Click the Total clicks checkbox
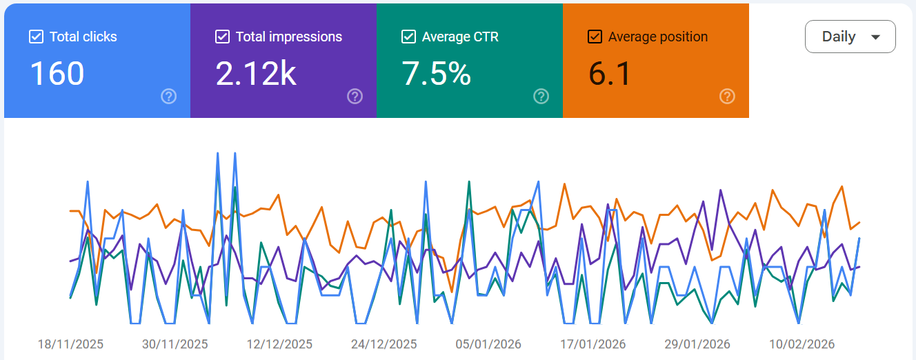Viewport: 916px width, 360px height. (37, 37)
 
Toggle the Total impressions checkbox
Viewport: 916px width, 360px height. (223, 37)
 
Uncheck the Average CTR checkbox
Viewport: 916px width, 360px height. (409, 37)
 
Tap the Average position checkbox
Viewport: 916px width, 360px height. (595, 37)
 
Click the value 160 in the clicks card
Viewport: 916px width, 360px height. (57, 73)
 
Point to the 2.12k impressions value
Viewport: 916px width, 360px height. (256, 73)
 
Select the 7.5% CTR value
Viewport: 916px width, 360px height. (437, 73)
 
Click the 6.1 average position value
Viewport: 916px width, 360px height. (610, 73)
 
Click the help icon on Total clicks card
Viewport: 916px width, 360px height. (169, 97)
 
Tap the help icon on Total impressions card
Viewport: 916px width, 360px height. (355, 97)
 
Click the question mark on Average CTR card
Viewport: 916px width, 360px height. (541, 97)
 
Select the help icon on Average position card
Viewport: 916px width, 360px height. (727, 97)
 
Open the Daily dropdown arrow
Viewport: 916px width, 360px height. (875, 37)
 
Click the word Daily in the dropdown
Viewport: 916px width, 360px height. (839, 37)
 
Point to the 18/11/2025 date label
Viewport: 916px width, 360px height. (70, 344)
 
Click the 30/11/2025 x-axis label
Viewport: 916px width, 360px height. (175, 344)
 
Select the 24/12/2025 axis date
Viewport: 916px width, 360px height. (384, 344)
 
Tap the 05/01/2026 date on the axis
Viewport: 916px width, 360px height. (488, 344)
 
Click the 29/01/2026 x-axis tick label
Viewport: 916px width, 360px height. (697, 344)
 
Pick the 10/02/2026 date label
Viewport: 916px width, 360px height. (802, 344)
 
